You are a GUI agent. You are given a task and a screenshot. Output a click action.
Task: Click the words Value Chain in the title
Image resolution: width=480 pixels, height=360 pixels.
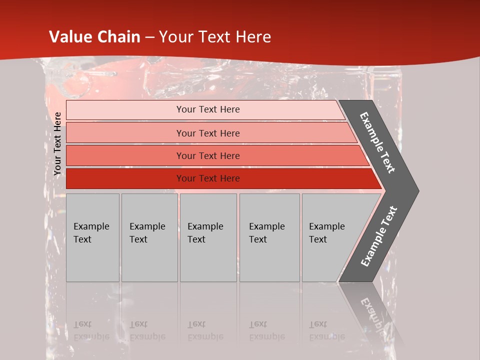coord(94,37)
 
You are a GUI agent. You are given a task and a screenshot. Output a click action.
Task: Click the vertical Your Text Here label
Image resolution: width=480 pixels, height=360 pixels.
coord(58,143)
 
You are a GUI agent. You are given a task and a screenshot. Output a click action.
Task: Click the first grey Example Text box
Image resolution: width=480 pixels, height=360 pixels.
coord(92,237)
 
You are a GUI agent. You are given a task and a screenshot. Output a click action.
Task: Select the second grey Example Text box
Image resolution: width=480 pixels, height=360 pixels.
coord(149,237)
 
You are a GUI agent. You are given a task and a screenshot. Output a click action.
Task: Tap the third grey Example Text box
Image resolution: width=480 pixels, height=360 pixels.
coord(208,237)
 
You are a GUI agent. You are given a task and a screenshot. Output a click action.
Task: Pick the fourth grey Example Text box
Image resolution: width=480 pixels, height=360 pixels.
coord(269,237)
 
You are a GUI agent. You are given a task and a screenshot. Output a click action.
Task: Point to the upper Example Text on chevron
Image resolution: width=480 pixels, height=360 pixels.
coord(377,142)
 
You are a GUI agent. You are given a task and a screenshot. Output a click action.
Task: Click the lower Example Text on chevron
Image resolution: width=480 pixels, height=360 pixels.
coord(378,236)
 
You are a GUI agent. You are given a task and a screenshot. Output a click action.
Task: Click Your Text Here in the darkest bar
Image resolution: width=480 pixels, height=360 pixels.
coord(208,178)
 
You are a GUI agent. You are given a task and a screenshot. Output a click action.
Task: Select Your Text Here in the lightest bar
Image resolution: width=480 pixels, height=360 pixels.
coord(208,109)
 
